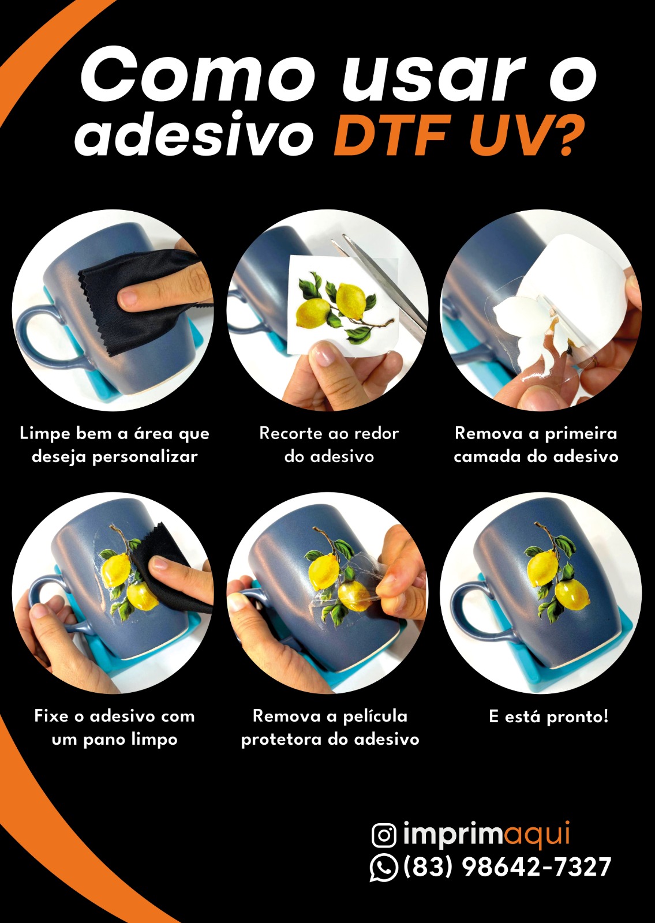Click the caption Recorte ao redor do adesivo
tap(329, 445)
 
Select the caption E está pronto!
tap(548, 716)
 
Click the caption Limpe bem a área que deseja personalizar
tap(115, 445)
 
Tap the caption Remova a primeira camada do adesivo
tap(536, 445)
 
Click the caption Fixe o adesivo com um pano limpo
tap(115, 727)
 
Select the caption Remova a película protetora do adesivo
tap(330, 727)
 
